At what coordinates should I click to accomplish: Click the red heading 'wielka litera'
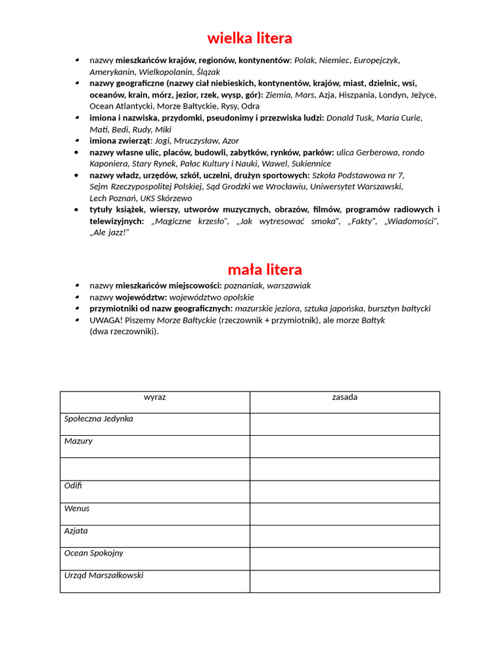(x=249, y=38)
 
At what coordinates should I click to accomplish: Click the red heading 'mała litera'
(x=264, y=269)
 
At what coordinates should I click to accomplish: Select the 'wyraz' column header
(x=154, y=397)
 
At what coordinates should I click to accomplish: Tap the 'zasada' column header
(x=344, y=397)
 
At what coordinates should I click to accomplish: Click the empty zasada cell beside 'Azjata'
(x=344, y=536)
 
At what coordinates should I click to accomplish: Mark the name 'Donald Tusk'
(x=349, y=118)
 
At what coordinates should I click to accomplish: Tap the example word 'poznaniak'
(x=243, y=286)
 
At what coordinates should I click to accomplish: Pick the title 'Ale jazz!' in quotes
(x=109, y=232)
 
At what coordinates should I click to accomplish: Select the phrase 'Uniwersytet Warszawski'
(x=356, y=187)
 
